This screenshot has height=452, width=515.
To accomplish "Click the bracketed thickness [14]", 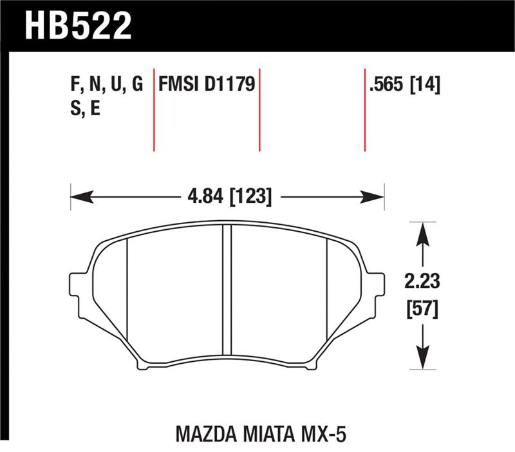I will pos(426,85).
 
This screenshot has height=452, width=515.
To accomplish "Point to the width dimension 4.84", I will pos(204,196).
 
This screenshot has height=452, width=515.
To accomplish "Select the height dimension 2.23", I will pos(422,282).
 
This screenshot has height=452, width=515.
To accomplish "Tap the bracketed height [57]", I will pos(422,310).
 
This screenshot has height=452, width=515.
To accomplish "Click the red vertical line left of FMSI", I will pos(154,109).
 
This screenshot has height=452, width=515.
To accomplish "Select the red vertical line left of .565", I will pos(364,109).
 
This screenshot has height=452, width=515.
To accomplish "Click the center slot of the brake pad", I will pos(226,290).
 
